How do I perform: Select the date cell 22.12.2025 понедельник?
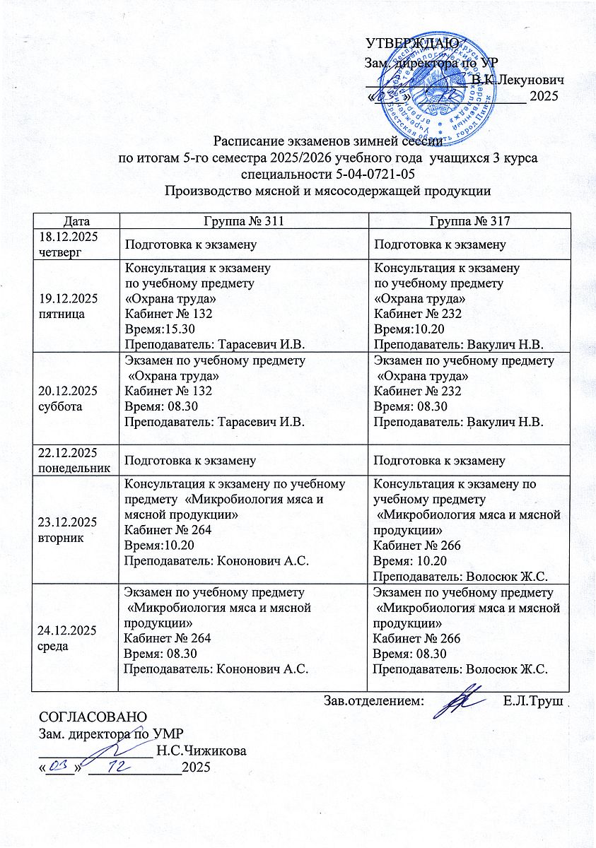pos(71,460)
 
